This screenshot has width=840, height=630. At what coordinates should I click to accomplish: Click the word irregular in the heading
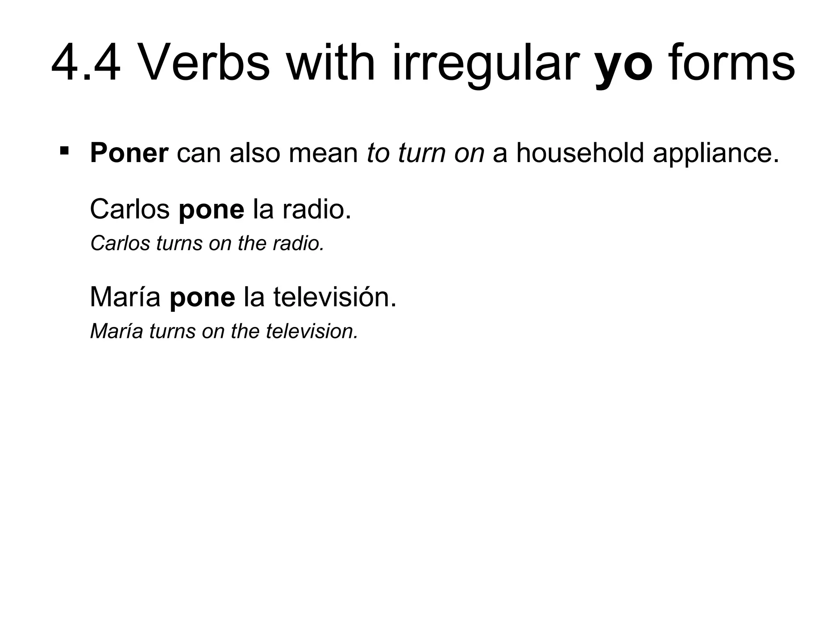484,66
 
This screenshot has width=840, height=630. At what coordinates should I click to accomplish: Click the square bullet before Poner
64,150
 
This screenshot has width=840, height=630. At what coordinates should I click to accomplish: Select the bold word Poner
129,153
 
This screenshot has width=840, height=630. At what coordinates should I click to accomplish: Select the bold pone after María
202,298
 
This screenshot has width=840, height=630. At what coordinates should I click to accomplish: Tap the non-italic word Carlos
130,209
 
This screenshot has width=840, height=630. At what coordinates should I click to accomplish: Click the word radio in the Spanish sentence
316,209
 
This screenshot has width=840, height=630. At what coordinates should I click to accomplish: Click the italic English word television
312,331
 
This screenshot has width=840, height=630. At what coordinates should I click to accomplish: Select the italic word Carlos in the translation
120,243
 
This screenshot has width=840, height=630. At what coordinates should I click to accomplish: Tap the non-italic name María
125,297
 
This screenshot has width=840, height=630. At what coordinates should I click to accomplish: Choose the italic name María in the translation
116,331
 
